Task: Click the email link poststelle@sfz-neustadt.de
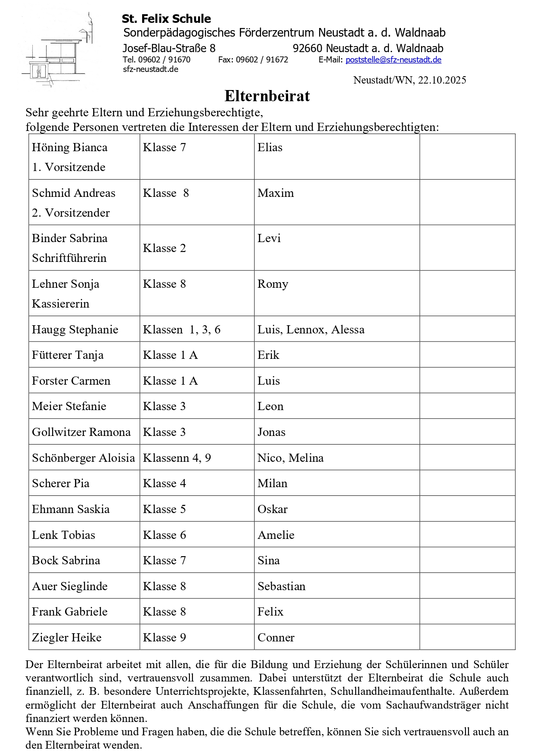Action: (393, 60)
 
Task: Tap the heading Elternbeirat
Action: (267, 96)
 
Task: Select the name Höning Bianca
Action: (69, 147)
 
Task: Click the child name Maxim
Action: (276, 193)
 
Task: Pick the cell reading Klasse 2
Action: (164, 248)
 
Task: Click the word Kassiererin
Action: (61, 304)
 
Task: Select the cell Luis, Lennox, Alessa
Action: (310, 330)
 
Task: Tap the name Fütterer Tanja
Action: (68, 355)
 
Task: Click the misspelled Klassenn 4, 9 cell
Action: (177, 458)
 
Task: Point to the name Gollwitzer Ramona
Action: (81, 432)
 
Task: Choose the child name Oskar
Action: (272, 509)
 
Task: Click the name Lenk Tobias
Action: (63, 535)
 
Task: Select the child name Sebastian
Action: (281, 586)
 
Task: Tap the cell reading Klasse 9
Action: (164, 638)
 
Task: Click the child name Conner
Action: (276, 638)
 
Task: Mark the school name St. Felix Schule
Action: (166, 19)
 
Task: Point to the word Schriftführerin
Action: (69, 258)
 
